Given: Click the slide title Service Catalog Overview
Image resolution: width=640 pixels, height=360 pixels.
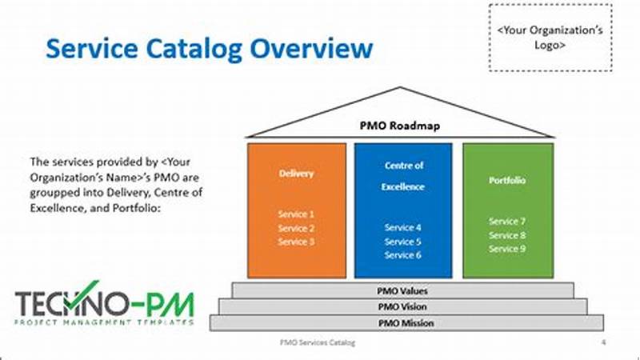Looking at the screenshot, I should point(209,48).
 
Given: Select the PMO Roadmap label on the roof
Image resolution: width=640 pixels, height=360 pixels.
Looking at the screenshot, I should point(401,126).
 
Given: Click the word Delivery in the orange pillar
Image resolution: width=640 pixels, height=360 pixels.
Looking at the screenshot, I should point(296,173).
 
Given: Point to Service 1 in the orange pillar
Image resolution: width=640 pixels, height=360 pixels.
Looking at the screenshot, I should point(296,214).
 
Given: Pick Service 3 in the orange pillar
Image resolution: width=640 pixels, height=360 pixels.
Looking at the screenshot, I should point(296,242).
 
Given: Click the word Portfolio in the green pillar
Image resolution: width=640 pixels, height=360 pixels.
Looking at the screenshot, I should point(507,181).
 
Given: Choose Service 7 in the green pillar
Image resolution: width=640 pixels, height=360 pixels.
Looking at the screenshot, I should point(507,222).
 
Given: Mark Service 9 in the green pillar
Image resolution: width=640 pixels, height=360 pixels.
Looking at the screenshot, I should point(507,249).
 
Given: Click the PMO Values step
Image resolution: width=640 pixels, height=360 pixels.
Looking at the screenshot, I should point(402,290).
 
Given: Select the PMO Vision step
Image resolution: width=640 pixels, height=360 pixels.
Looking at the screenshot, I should point(402,306).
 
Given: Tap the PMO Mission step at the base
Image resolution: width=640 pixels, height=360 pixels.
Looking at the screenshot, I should point(402,322).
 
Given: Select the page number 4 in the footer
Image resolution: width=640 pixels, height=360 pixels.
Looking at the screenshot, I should point(602,342).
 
